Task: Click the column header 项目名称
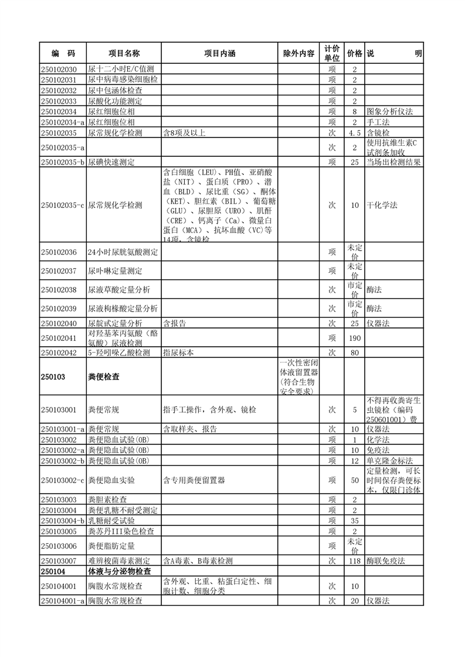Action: coord(123,53)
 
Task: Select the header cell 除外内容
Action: coord(298,53)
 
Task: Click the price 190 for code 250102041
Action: coord(355,338)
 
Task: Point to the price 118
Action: coord(355,561)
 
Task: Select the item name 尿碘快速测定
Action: coord(116,162)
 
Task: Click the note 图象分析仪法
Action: coord(389,111)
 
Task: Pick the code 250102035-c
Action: coord(63,206)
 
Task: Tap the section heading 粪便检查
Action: coord(104,377)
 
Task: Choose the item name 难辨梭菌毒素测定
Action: coord(123,561)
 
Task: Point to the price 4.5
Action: coord(355,133)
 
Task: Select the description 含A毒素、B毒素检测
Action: coord(197,561)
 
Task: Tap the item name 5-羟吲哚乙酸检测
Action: coord(119,353)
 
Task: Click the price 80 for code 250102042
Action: coord(355,353)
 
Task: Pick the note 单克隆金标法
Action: coord(389,461)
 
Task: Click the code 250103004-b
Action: coord(63,521)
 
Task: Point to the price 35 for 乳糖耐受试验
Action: coord(355,521)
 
